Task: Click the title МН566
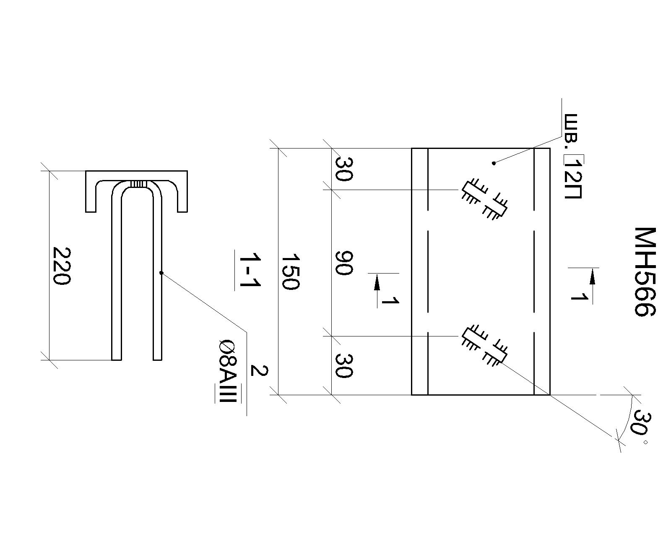tap(645, 271)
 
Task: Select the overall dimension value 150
tap(291, 271)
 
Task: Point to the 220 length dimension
tap(61, 266)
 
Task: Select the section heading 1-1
tap(250, 270)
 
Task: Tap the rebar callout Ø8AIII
tap(228, 371)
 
